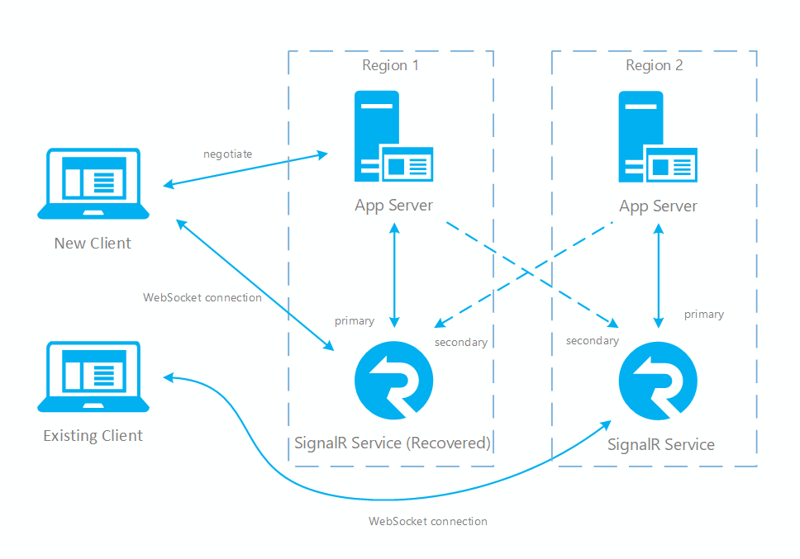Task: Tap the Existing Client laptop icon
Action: click(93, 377)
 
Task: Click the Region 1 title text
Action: click(390, 66)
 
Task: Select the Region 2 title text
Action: click(655, 66)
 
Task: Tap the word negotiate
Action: click(227, 154)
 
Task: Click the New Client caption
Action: click(93, 244)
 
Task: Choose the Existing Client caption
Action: click(93, 436)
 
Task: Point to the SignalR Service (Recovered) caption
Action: click(393, 443)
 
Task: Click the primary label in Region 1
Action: click(354, 320)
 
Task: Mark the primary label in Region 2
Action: click(704, 315)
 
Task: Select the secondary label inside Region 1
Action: click(461, 342)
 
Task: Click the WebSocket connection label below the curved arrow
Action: click(428, 522)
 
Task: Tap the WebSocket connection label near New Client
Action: click(202, 297)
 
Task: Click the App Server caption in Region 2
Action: click(659, 206)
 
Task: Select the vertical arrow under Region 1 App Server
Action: click(394, 277)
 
